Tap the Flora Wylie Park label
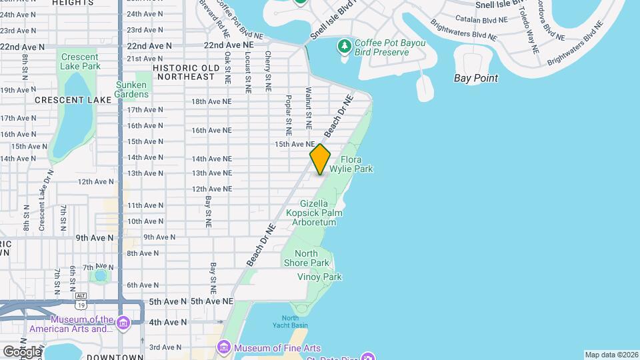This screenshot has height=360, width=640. pyautogui.click(x=357, y=165)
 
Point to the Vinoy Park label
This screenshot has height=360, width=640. pyautogui.click(x=319, y=277)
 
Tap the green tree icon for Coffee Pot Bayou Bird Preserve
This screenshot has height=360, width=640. pyautogui.click(x=345, y=46)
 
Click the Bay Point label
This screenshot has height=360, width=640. pyautogui.click(x=475, y=78)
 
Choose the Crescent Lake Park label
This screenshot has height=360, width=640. pyautogui.click(x=80, y=62)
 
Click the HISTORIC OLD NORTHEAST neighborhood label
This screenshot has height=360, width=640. pyautogui.click(x=185, y=72)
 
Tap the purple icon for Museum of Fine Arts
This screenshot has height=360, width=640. pyautogui.click(x=223, y=348)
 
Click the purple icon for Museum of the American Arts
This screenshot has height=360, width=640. pyautogui.click(x=123, y=323)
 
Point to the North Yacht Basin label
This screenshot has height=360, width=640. pyautogui.click(x=290, y=321)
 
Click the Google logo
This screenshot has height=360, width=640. pyautogui.click(x=21, y=351)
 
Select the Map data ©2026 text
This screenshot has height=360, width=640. pyautogui.click(x=611, y=355)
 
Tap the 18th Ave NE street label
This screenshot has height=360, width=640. pyautogui.click(x=211, y=101)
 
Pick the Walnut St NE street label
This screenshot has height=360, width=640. pyautogui.click(x=309, y=107)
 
